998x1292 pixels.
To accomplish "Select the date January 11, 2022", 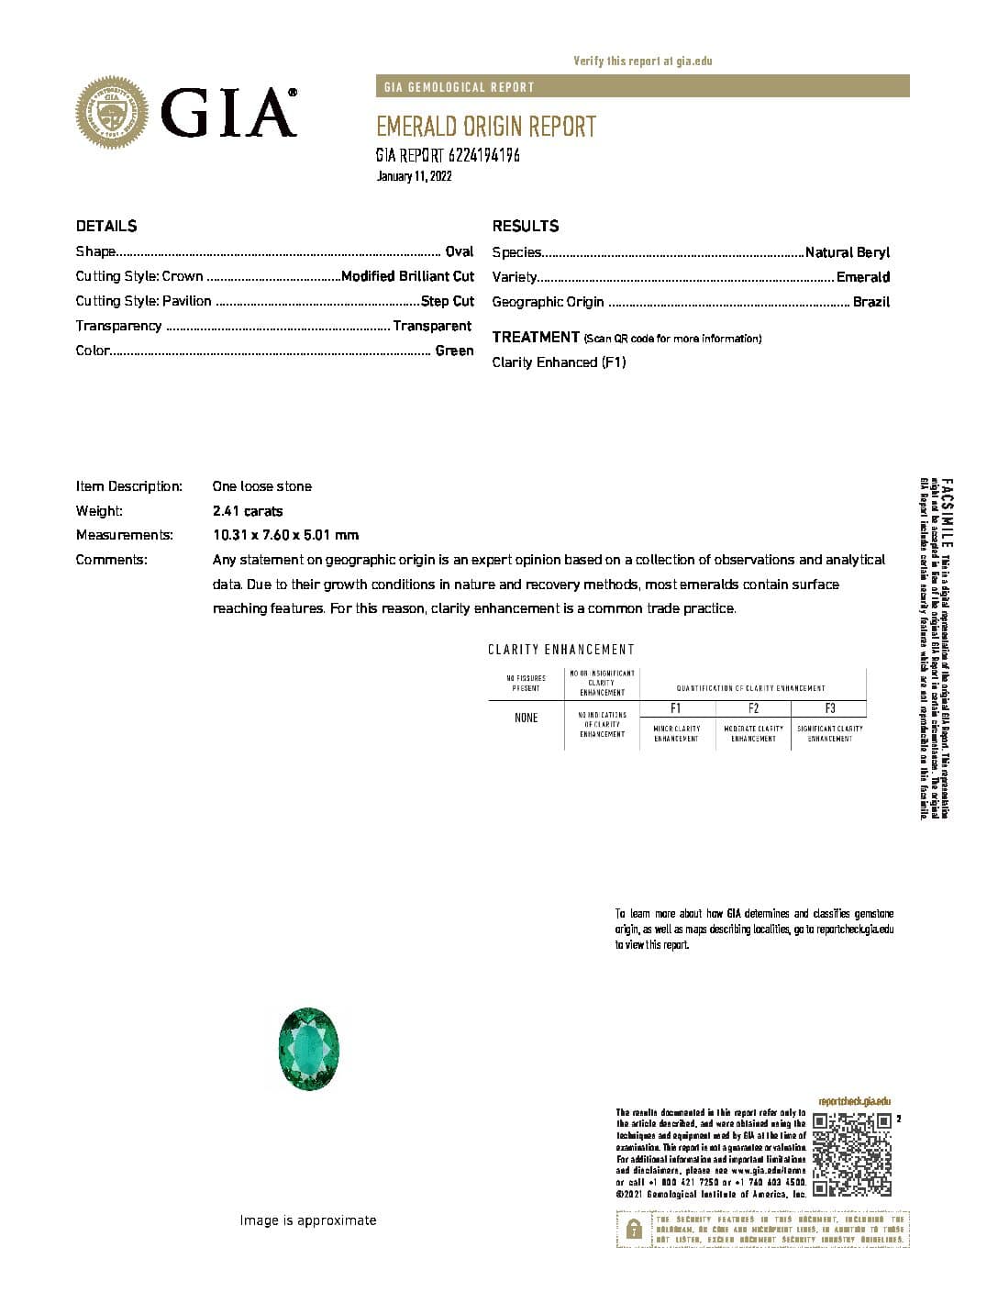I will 414,176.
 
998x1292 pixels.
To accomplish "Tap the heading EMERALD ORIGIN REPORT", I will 485,127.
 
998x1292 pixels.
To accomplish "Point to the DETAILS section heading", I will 106,226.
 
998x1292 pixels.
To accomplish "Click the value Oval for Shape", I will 459,251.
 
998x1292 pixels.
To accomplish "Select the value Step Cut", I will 448,301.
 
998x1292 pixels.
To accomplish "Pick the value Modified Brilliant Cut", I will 407,276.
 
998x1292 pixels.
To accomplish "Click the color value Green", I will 454,351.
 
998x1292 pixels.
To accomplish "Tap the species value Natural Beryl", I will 847,252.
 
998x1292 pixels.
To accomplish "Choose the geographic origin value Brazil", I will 871,302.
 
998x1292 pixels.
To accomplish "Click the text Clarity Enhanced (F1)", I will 559,362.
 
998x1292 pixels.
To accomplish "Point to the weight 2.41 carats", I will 248,511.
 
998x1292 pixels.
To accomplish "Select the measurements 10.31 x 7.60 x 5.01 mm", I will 285,535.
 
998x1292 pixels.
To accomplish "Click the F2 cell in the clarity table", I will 753,708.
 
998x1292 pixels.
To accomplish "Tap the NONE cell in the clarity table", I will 526,718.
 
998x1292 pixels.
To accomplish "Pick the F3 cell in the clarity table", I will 829,708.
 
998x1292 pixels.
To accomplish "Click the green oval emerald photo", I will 309,1048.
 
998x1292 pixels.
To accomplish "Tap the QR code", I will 852,1153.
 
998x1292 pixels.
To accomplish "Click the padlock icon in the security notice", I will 634,1230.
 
